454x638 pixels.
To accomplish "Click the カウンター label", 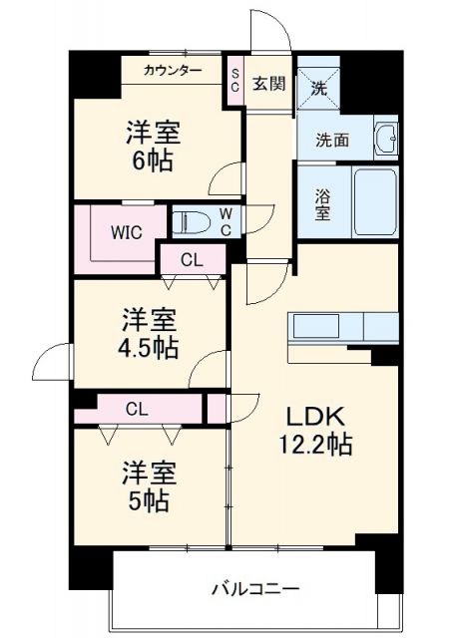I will pos(173,70).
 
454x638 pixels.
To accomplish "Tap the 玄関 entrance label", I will pos(268,83).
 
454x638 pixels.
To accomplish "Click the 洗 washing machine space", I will pos(318,86).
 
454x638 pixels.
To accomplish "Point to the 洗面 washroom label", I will pos(319,141).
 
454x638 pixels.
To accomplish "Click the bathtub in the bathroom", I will pos(375,201).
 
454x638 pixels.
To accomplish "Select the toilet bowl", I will pos(191,221).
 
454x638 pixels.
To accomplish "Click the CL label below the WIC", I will pos(193,259).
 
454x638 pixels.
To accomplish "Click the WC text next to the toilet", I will pos(227,221).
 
